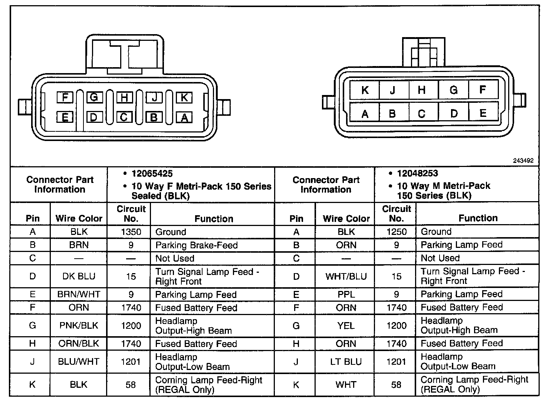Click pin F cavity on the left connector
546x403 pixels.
(x=65, y=98)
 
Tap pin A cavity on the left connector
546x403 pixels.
(x=184, y=118)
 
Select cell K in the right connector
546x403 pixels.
(x=365, y=90)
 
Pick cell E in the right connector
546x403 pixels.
(x=483, y=113)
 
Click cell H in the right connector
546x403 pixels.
(x=421, y=90)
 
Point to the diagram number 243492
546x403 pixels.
(x=523, y=161)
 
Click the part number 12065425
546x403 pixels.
(x=152, y=174)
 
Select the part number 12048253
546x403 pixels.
(x=417, y=174)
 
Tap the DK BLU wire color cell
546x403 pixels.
(x=79, y=276)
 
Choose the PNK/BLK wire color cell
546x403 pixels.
(x=79, y=326)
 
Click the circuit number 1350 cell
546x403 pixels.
(x=131, y=232)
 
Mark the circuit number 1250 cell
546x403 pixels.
(x=397, y=232)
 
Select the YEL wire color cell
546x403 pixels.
(x=346, y=326)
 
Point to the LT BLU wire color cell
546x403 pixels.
(x=346, y=362)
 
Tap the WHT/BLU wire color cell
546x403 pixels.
(x=346, y=276)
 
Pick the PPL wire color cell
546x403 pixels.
(x=346, y=295)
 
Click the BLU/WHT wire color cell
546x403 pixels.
(x=79, y=362)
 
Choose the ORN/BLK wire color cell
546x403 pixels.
(x=79, y=344)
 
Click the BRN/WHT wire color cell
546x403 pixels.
(x=79, y=295)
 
